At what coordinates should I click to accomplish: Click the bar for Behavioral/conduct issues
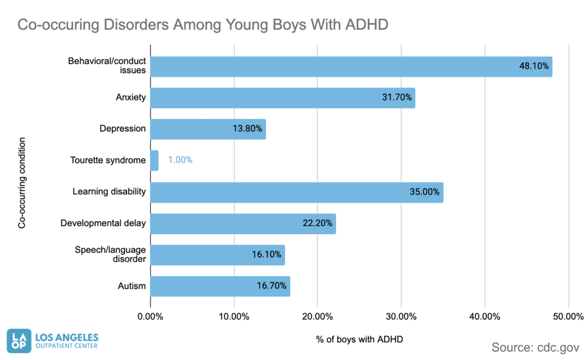click(343, 66)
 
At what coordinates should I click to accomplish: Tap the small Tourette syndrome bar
click(154, 160)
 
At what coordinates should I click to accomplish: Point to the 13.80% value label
click(247, 129)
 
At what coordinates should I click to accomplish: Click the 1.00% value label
click(180, 160)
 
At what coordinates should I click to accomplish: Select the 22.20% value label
click(318, 223)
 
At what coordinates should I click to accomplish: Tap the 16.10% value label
click(267, 255)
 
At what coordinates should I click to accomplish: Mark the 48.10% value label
click(534, 66)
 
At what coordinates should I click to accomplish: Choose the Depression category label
click(123, 129)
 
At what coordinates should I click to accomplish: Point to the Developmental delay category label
click(103, 223)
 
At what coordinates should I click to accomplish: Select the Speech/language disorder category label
click(110, 254)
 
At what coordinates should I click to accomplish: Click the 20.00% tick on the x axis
click(318, 317)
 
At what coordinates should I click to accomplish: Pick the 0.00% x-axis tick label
click(151, 317)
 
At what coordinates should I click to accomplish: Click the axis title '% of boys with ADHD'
click(359, 339)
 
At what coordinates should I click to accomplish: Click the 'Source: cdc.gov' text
click(535, 347)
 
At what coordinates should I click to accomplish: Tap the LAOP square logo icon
click(19, 342)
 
